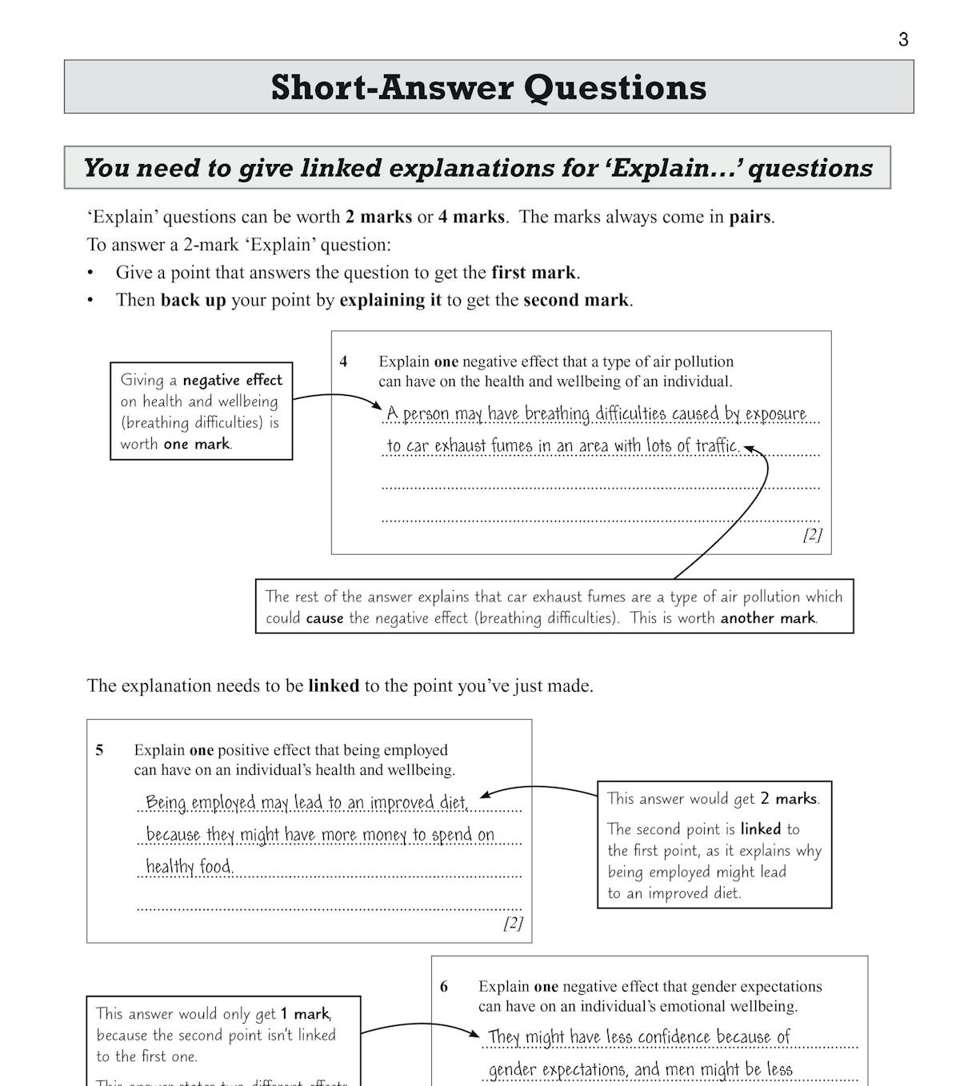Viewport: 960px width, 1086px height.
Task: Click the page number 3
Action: pos(903,39)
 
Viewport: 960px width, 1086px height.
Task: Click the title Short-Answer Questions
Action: pos(489,87)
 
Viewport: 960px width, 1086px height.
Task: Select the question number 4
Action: pos(343,361)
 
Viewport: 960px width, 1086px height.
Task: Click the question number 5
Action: pos(99,750)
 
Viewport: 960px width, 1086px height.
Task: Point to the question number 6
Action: pos(444,987)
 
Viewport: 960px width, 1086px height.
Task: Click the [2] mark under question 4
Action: pos(812,534)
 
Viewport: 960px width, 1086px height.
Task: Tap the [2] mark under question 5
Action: pos(513,923)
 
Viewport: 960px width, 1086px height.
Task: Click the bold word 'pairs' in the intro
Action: pos(750,217)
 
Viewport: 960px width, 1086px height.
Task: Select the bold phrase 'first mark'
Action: pos(534,273)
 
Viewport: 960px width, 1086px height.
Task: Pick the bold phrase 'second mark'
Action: pos(576,300)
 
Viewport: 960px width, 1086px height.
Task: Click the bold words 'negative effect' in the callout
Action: pos(232,380)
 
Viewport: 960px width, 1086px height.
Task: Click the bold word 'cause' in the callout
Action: pos(325,618)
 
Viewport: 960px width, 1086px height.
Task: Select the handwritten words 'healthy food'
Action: pos(189,867)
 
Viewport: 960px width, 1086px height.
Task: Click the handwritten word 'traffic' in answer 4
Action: pos(714,445)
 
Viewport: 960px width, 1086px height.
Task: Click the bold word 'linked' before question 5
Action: pos(333,686)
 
